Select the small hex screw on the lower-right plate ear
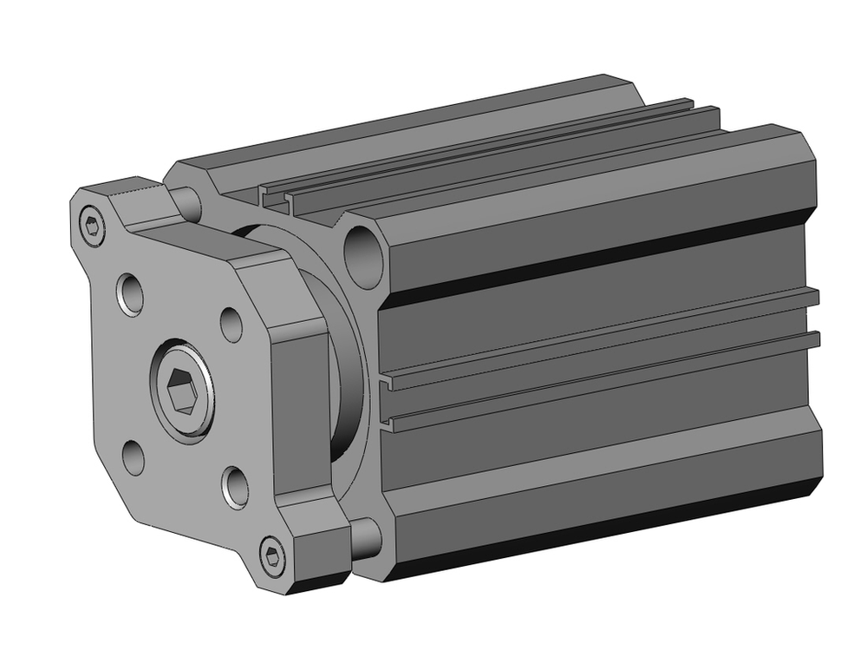tap(274, 555)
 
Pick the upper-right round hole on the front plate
tap(231, 324)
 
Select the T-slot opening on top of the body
tap(276, 199)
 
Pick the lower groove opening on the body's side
tap(388, 424)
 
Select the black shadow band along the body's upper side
tap(598, 252)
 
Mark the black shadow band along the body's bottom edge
tap(607, 531)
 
